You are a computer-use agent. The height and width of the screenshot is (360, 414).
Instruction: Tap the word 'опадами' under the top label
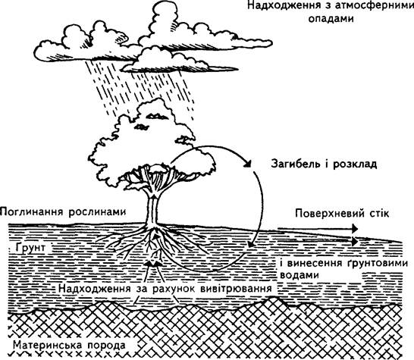click(x=331, y=19)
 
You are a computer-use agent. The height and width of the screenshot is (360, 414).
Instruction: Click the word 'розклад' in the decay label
click(x=355, y=164)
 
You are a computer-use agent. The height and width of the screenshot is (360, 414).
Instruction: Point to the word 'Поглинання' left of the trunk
click(x=32, y=212)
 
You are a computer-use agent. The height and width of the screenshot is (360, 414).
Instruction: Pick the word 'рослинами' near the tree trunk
click(x=97, y=212)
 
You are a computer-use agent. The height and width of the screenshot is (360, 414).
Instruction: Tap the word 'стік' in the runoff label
click(x=375, y=213)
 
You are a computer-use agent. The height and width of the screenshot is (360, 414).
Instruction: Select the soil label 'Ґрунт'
click(x=30, y=248)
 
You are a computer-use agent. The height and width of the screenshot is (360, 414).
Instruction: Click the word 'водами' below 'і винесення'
click(x=300, y=275)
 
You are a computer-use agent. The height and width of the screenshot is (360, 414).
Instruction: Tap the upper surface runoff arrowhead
click(x=354, y=229)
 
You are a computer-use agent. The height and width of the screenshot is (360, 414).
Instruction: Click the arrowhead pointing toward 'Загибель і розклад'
click(x=246, y=164)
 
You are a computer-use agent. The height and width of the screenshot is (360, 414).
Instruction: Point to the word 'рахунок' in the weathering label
click(x=174, y=288)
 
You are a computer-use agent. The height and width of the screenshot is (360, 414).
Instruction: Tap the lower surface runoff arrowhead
click(x=354, y=241)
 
